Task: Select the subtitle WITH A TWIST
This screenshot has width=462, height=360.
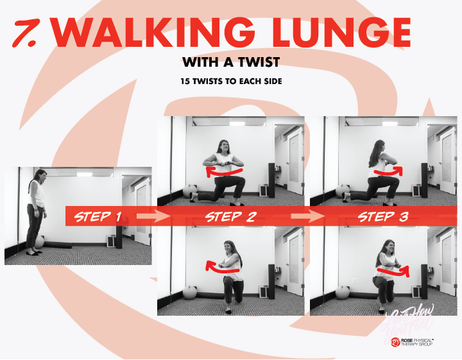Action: (231, 63)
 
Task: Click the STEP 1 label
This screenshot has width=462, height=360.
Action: (98, 216)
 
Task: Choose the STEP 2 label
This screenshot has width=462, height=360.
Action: (230, 216)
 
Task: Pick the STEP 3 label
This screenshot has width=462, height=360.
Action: (383, 216)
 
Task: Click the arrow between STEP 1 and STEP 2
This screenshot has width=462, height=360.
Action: (150, 217)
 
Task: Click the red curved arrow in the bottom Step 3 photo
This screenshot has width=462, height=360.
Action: (392, 272)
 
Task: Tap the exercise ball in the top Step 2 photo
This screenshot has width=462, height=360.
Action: (189, 191)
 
